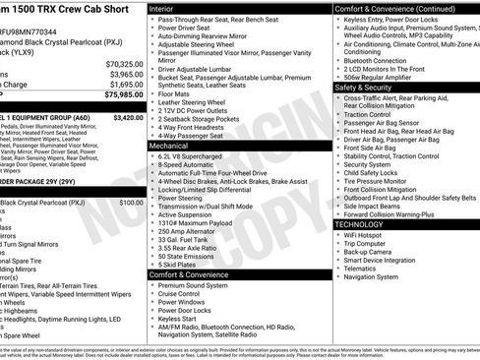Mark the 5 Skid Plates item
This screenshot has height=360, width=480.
[180, 264]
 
